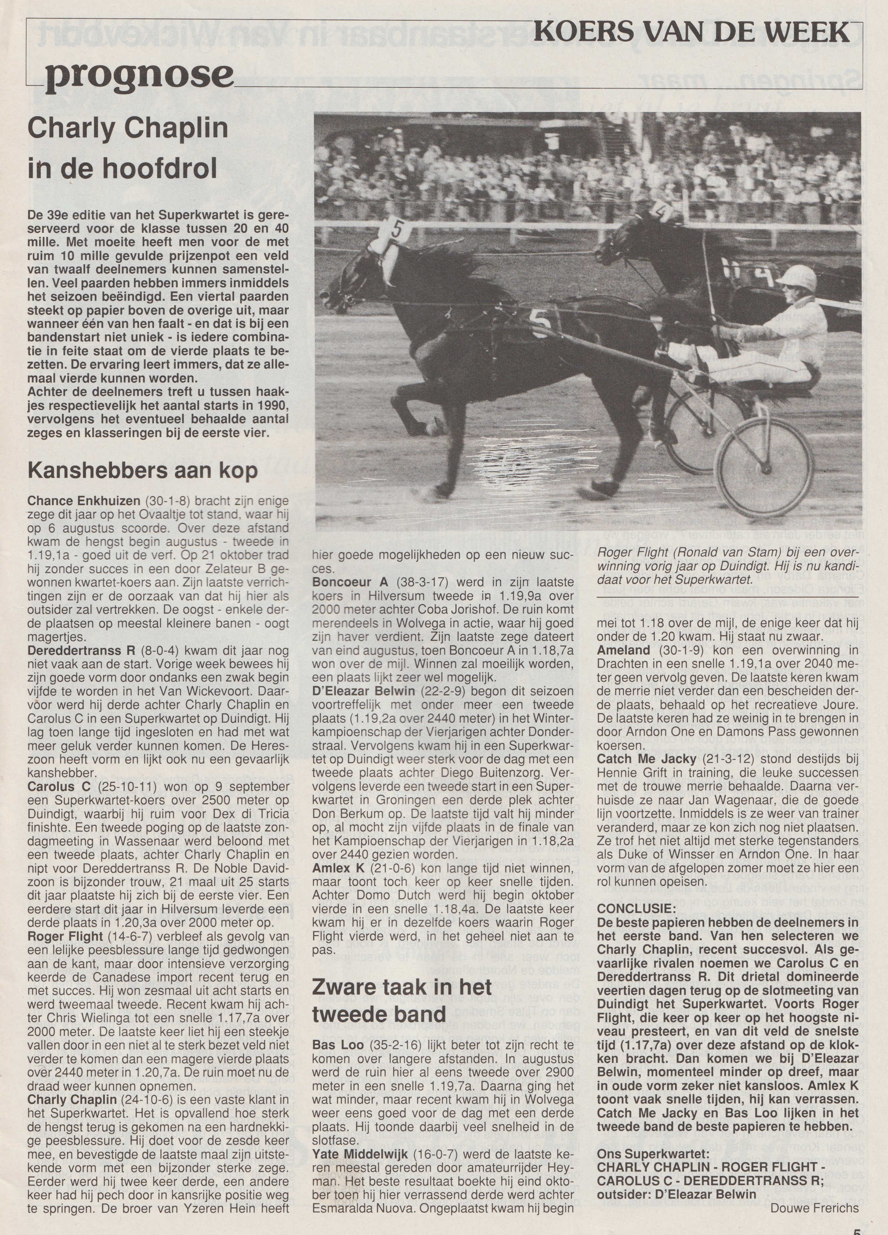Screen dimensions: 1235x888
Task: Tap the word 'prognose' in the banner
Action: pyautogui.click(x=139, y=75)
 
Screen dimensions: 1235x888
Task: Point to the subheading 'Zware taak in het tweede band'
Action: pyautogui.click(x=401, y=1000)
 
